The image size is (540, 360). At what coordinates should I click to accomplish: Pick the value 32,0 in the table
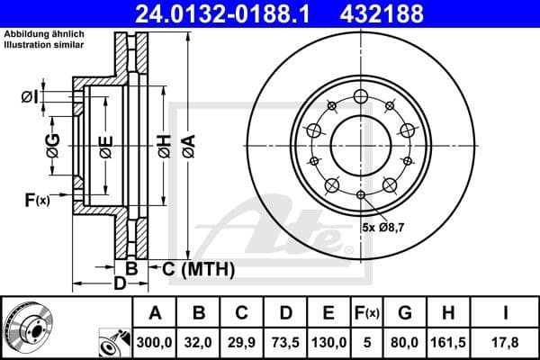click(x=200, y=342)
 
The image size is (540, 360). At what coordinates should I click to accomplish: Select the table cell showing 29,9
click(x=243, y=342)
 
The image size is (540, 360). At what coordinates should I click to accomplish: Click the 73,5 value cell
click(x=286, y=342)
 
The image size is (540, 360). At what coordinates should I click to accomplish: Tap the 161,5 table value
click(x=447, y=342)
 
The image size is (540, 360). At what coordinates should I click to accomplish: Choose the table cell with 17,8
click(x=508, y=342)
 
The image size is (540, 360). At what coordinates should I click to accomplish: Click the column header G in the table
click(x=404, y=313)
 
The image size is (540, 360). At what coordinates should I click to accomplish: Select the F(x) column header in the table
click(x=367, y=313)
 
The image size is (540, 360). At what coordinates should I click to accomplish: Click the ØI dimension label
click(x=29, y=96)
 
